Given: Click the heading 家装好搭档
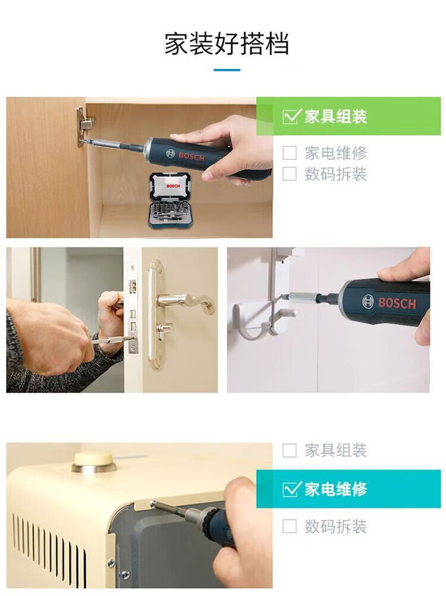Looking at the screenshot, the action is pyautogui.click(x=227, y=43).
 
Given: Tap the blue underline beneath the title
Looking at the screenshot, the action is pyautogui.click(x=227, y=70).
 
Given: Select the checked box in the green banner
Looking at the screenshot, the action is pyautogui.click(x=291, y=117).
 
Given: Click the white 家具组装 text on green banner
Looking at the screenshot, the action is pyautogui.click(x=335, y=117).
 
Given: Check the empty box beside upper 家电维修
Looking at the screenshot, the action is pyautogui.click(x=290, y=153).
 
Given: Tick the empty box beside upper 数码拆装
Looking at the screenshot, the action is pyautogui.click(x=290, y=174).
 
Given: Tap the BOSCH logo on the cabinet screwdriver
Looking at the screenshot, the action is pyautogui.click(x=186, y=156).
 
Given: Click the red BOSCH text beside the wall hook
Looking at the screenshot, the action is pyautogui.click(x=397, y=303).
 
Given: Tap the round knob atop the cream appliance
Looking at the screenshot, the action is pyautogui.click(x=94, y=462).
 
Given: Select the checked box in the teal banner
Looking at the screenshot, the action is pyautogui.click(x=291, y=489).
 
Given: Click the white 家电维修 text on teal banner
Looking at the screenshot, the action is pyautogui.click(x=335, y=489).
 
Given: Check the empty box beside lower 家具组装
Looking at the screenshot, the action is pyautogui.click(x=290, y=450).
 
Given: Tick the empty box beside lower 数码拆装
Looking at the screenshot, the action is pyautogui.click(x=290, y=526).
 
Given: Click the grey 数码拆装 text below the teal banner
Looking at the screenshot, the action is pyautogui.click(x=335, y=526).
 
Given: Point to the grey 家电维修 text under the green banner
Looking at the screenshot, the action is pyautogui.click(x=335, y=153).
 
